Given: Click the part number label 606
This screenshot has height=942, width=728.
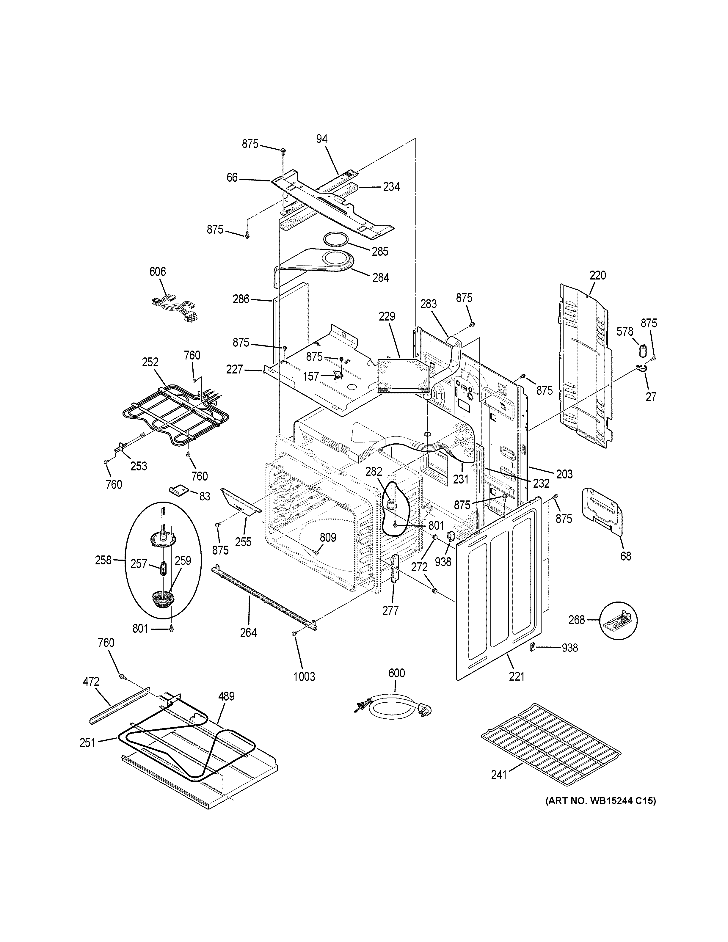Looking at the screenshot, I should pos(157,272).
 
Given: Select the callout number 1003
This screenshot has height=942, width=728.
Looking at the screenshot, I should pos(305,676).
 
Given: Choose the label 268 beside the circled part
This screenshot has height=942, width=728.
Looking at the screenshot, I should pos(577,620).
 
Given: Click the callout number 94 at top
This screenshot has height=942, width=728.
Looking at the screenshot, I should pos(322,139).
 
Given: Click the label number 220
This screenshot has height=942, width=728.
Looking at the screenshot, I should pos(598,275).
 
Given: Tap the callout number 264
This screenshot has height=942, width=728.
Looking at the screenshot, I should pos(248,632).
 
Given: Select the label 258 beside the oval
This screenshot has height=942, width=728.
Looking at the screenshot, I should pos(103,560).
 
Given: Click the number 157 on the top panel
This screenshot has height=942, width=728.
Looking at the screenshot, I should pos(311,376).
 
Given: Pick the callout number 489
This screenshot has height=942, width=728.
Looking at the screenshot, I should pos(226,696).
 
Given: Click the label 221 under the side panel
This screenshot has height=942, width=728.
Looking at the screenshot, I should pos(517,676).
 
